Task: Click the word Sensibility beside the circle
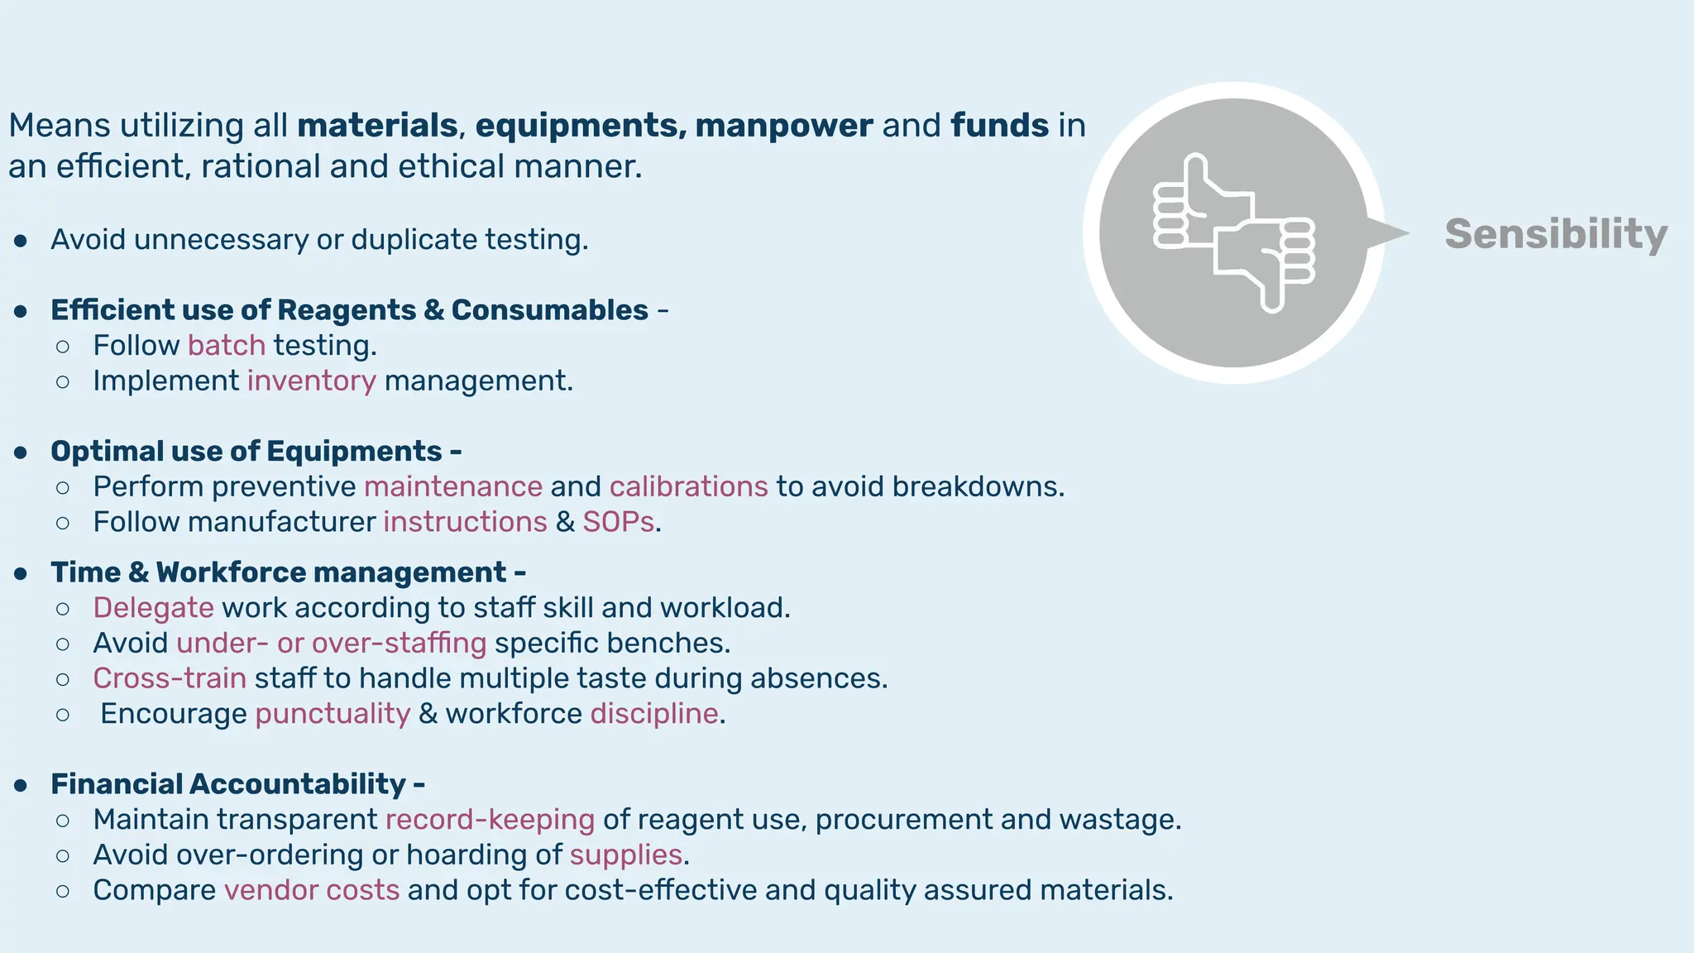(x=1555, y=234)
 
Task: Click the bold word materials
(x=377, y=126)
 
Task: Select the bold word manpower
(x=783, y=126)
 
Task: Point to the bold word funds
(x=1000, y=126)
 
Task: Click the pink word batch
(x=227, y=345)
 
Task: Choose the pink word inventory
(x=312, y=381)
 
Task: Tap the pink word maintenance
(x=453, y=486)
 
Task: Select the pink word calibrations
(x=689, y=486)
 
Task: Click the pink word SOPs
(x=619, y=522)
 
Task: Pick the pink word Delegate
(x=154, y=608)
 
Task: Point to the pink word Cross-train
(x=170, y=678)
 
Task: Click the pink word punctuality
(x=333, y=714)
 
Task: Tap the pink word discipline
(x=654, y=714)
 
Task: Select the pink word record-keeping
(x=490, y=820)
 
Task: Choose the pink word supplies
(x=626, y=855)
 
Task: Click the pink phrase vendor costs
(x=312, y=890)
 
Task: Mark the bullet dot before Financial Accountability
(x=22, y=785)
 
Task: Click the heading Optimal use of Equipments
(x=246, y=452)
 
